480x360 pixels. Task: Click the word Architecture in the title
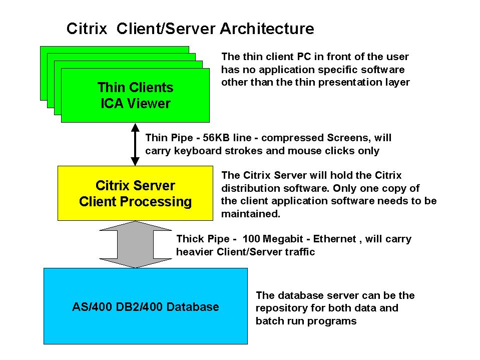coord(267,29)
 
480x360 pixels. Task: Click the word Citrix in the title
coord(87,29)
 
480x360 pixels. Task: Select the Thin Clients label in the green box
coord(135,88)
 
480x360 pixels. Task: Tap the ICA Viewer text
coord(135,104)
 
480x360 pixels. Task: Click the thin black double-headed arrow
coord(135,145)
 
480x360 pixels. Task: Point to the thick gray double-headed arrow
coord(134,244)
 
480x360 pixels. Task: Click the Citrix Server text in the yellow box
coord(135,186)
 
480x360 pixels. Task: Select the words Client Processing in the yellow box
coord(135,202)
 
